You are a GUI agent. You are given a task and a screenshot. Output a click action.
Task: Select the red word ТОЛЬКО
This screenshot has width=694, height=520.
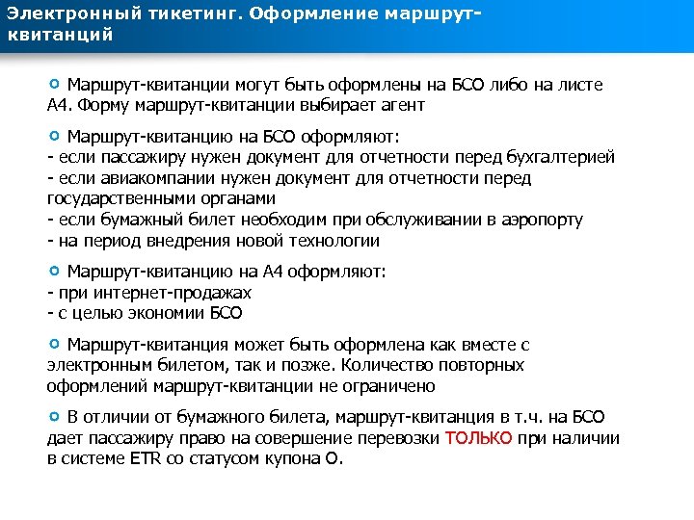point(479,438)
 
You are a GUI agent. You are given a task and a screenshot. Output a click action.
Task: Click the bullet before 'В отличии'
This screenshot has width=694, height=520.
point(54,417)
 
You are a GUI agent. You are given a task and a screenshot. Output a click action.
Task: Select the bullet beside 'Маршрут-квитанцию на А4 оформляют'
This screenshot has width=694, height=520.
point(54,271)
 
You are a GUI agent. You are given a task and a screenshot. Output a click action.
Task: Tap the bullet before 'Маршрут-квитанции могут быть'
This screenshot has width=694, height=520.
point(54,84)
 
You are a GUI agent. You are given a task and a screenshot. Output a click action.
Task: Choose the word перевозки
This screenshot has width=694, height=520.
point(398,438)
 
